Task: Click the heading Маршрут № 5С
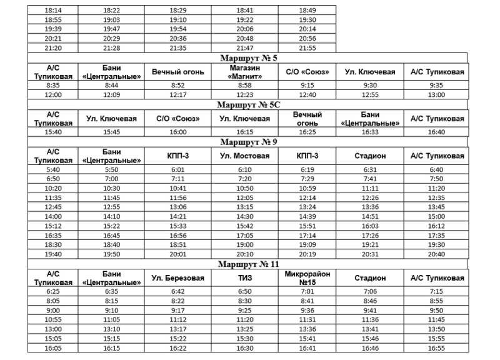[248, 105]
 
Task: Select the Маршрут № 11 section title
[248, 264]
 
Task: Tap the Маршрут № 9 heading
[248, 142]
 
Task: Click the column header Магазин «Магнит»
[244, 72]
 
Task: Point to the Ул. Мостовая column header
[244, 156]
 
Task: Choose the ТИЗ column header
[244, 278]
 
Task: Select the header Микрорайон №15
[307, 278]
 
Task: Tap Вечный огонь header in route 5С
[307, 119]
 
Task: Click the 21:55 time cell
[307, 47]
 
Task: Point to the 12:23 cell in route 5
[244, 94]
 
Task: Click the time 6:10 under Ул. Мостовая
[244, 169]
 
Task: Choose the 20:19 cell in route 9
[307, 254]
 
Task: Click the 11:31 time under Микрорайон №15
[307, 319]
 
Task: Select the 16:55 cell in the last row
[437, 348]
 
